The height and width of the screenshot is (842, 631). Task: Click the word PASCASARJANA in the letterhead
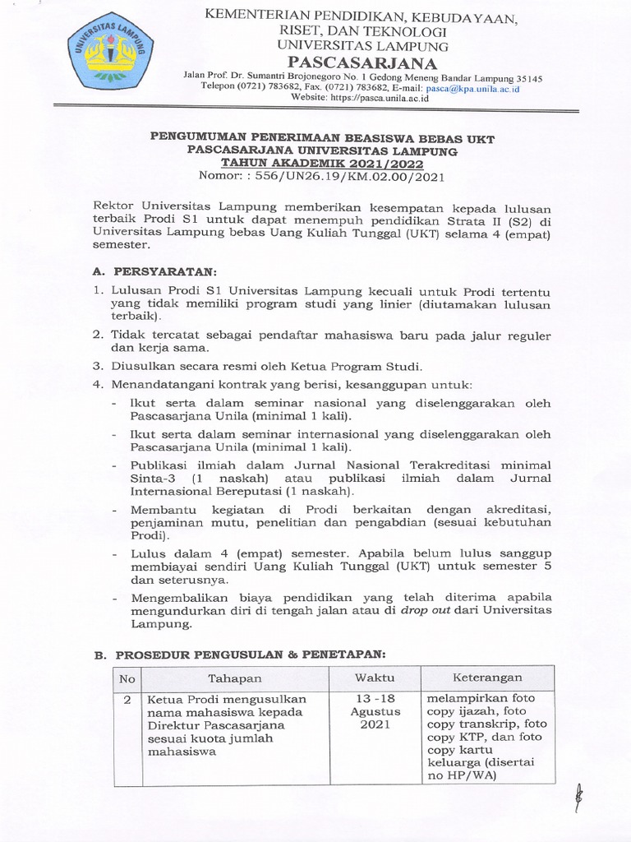357,63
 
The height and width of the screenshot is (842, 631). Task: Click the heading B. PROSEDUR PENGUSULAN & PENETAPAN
239,654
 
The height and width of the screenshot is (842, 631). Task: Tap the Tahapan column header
234,678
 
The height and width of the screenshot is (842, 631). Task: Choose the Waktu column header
374,678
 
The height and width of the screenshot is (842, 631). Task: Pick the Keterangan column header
487,678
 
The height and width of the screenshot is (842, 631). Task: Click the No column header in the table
127,678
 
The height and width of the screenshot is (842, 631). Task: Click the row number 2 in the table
127,699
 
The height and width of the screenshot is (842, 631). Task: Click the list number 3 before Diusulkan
97,365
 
